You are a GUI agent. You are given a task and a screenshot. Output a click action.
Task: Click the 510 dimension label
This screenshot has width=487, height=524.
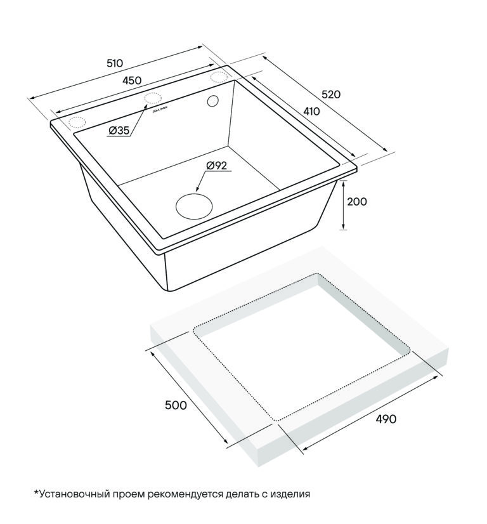coord(115,63)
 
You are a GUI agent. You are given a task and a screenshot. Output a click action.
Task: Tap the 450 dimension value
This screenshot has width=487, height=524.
coord(132,81)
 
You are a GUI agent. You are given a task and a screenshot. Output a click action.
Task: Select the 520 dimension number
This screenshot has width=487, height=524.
coord(330,95)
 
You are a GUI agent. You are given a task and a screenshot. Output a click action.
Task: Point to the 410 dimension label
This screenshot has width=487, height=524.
coord(311,111)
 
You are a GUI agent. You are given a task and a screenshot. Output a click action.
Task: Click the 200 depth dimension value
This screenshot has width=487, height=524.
coord(357,202)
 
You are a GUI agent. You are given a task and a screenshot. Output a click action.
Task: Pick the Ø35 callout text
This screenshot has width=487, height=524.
coord(119,130)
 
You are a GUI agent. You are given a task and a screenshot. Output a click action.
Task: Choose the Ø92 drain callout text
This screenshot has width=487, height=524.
coord(216,166)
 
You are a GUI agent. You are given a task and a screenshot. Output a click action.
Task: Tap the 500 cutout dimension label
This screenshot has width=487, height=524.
coord(176,405)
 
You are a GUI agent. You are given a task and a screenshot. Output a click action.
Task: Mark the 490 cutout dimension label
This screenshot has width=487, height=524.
coord(386,419)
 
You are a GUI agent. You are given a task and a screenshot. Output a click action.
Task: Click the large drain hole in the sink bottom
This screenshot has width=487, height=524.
coord(194,206)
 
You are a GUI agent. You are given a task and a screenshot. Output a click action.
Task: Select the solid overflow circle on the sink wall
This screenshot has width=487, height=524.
coord(213,101)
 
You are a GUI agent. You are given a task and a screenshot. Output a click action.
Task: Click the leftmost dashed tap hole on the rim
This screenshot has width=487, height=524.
coord(77,122)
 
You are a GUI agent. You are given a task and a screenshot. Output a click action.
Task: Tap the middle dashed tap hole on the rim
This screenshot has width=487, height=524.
coord(152,98)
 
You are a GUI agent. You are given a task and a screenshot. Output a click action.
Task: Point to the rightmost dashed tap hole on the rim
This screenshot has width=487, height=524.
coord(219,76)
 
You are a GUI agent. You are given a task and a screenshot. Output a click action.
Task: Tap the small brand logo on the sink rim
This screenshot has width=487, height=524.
coord(160,110)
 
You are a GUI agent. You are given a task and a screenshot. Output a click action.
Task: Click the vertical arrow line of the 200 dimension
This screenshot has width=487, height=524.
coord(343,205)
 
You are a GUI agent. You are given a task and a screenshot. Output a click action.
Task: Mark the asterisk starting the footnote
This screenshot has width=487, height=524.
coord(36,492)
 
